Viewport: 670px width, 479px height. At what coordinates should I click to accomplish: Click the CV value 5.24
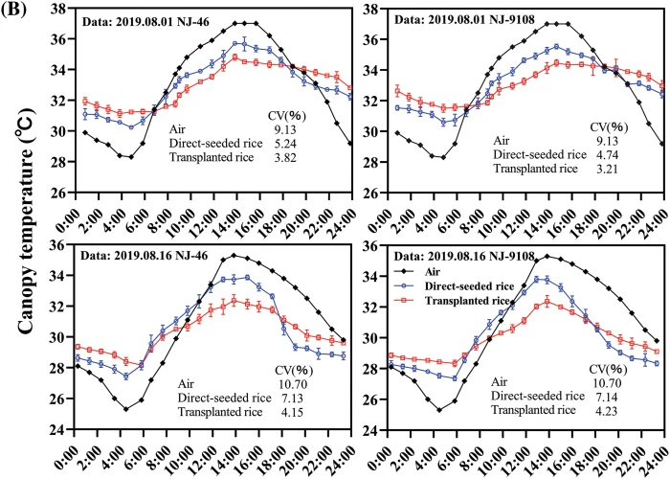[306, 148]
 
